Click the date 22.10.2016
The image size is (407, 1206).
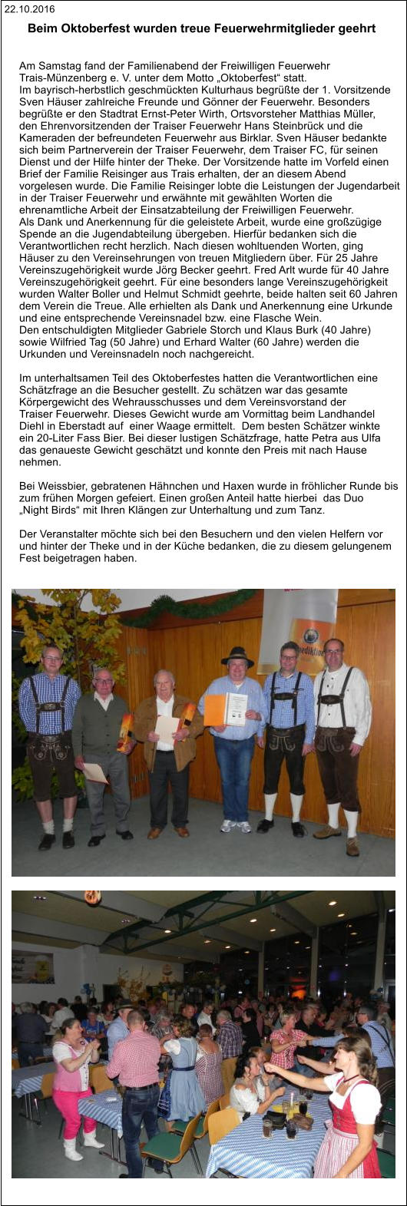point(29,9)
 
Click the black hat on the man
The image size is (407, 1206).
point(237,656)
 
